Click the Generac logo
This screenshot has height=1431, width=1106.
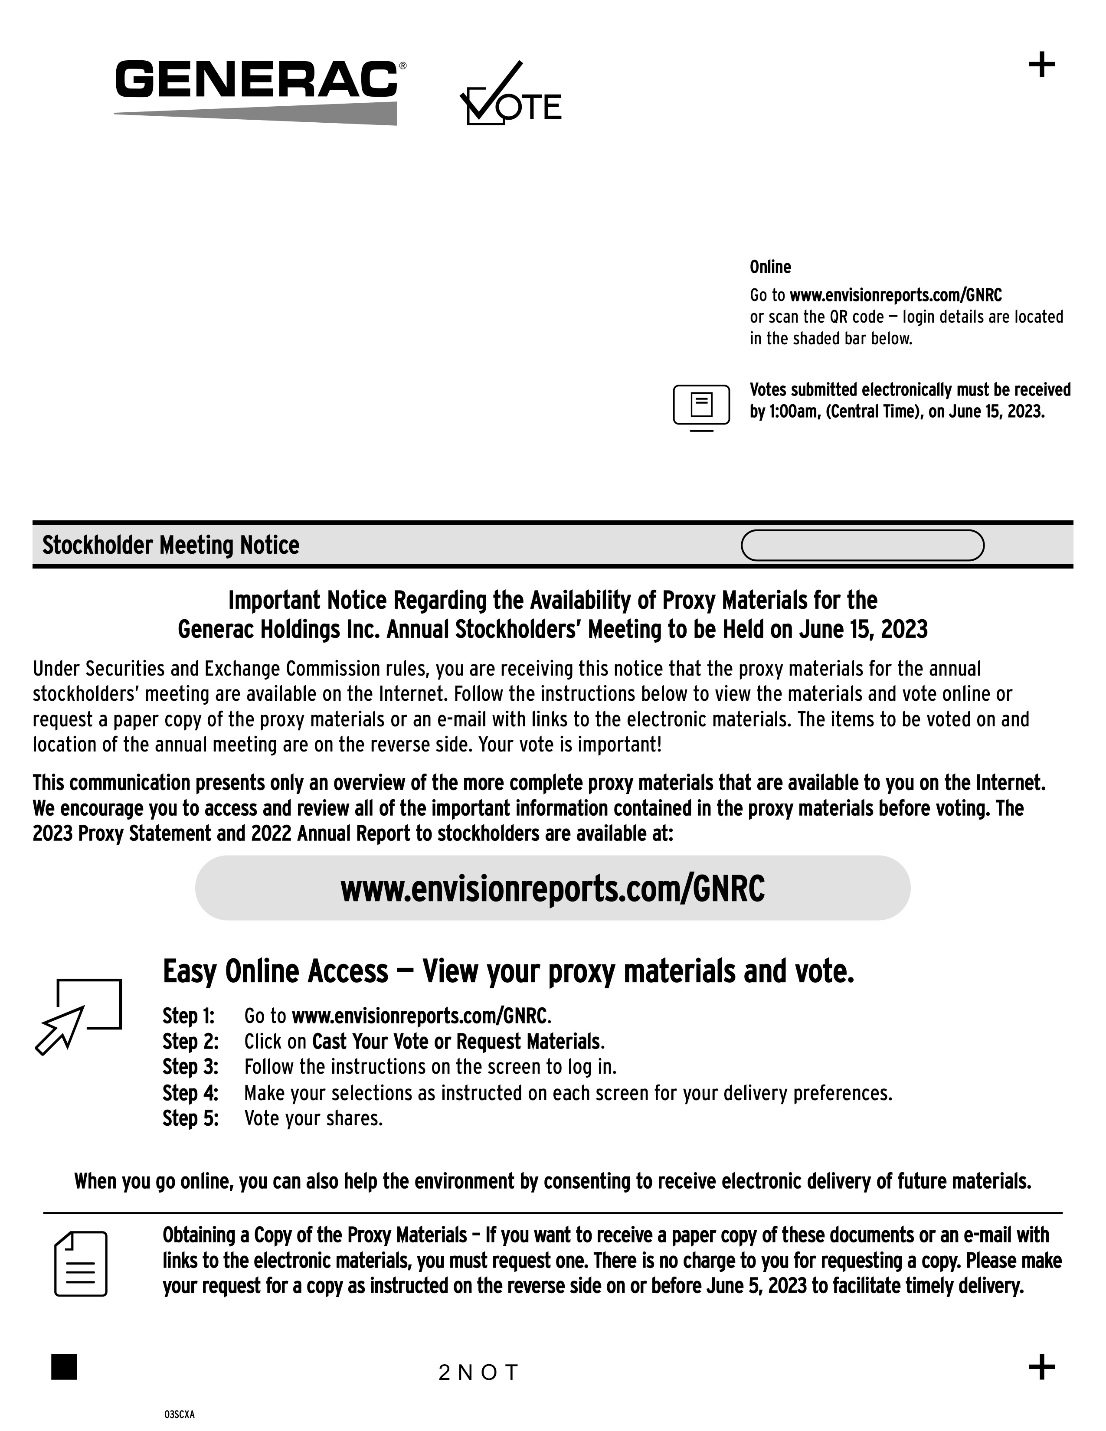click(257, 91)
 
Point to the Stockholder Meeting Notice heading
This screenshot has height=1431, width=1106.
click(170, 545)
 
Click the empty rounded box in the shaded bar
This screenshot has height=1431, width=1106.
click(862, 545)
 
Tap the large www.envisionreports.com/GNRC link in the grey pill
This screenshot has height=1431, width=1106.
click(552, 889)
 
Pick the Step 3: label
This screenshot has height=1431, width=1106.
click(190, 1067)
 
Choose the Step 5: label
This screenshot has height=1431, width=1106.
click(190, 1118)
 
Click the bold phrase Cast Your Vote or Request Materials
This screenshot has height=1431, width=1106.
click(456, 1042)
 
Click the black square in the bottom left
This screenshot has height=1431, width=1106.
click(64, 1367)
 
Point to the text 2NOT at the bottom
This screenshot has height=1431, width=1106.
click(478, 1372)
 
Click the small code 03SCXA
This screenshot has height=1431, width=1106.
click(180, 1415)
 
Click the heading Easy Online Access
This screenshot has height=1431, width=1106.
click(275, 972)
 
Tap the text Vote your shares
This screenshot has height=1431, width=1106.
click(313, 1118)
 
